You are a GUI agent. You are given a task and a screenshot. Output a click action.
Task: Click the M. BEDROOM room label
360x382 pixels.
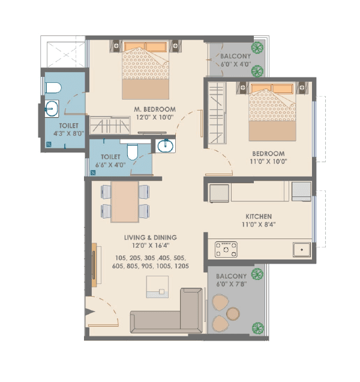154,109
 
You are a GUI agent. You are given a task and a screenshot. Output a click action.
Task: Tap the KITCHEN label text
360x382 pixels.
259,216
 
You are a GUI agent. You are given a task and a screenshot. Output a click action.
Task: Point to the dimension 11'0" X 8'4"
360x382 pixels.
259,226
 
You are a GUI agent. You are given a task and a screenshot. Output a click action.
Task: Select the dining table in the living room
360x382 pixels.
125,201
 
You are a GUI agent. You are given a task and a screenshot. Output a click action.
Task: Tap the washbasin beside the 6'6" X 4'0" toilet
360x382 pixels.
163,145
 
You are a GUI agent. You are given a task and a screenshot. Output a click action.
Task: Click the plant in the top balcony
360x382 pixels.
258,48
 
